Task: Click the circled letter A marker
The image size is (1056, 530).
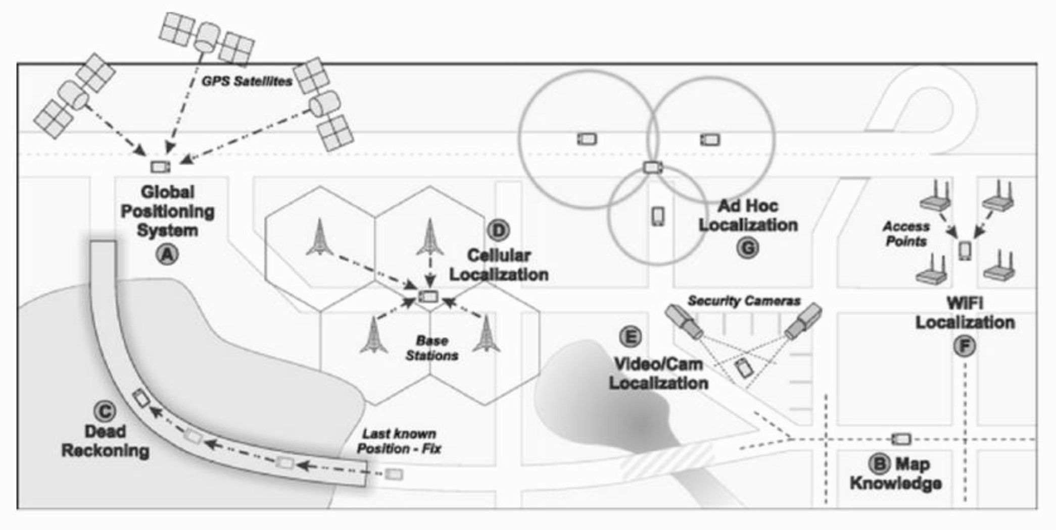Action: point(167,254)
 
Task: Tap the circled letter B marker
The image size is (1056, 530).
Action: point(879,463)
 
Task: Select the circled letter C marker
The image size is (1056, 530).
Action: point(105,411)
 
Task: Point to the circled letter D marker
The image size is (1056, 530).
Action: point(499,230)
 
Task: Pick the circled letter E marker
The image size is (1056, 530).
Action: point(630,337)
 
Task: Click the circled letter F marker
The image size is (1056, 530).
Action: point(965,346)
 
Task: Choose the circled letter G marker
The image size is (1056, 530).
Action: point(748,248)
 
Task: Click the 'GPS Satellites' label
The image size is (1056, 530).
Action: point(247,81)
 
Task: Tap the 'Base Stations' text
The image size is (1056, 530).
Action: point(432,348)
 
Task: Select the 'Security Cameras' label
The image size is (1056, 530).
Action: point(744,301)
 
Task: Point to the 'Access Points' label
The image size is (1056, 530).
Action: point(906,234)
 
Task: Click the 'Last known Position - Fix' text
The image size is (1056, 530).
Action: point(399,441)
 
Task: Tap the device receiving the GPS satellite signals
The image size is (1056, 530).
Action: point(161,167)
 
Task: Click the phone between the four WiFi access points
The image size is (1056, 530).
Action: point(965,250)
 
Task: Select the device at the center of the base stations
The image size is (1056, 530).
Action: point(428,296)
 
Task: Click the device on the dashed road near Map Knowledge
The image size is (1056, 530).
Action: point(901,439)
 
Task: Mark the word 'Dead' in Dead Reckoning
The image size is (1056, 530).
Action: point(105,432)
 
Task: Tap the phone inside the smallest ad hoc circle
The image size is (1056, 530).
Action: point(657,217)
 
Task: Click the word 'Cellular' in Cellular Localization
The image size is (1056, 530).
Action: point(499,255)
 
